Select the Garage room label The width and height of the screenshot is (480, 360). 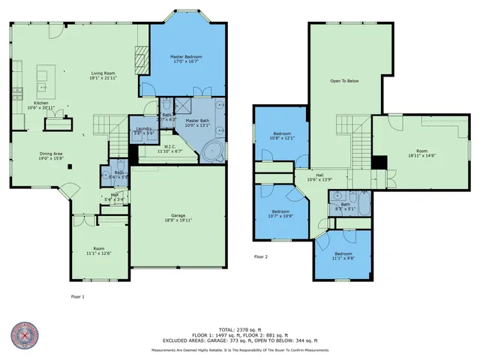coord(178,217)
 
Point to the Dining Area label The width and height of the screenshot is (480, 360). coord(51,156)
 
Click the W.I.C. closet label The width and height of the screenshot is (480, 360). coord(170,148)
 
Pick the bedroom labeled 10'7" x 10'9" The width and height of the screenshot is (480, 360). coord(280,214)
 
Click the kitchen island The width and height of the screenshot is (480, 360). coord(43,76)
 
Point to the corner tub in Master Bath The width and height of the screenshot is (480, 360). coord(211,152)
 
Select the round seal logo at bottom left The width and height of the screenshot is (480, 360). coord(26,336)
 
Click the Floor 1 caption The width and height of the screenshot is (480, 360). coord(78,297)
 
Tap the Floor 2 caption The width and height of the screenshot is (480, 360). coord(260,257)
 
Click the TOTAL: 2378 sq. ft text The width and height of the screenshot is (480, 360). coord(239,328)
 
